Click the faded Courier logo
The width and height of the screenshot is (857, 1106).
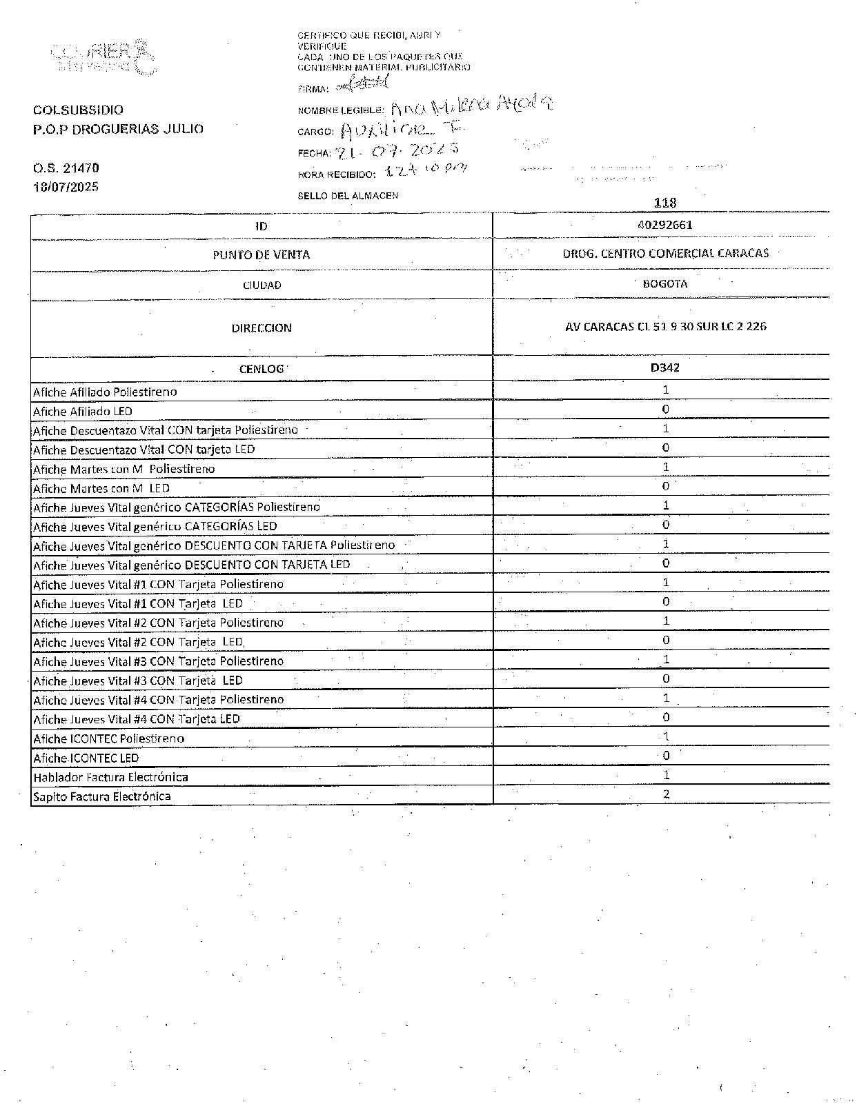102,58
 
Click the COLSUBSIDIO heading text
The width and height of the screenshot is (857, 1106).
78,110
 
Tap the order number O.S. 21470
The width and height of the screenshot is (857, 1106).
66,168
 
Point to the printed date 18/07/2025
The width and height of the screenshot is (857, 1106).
66,187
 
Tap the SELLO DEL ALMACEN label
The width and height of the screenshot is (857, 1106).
348,196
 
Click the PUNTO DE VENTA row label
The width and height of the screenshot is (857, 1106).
261,255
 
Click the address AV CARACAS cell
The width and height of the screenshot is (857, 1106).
665,326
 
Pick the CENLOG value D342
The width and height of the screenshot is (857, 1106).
664,368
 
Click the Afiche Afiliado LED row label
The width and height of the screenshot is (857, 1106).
83,412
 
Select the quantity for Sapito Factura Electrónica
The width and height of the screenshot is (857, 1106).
666,794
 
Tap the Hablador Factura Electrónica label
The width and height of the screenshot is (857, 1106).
110,777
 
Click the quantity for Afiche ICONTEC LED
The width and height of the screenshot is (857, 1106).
666,756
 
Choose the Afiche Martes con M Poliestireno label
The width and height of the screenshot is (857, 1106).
124,469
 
